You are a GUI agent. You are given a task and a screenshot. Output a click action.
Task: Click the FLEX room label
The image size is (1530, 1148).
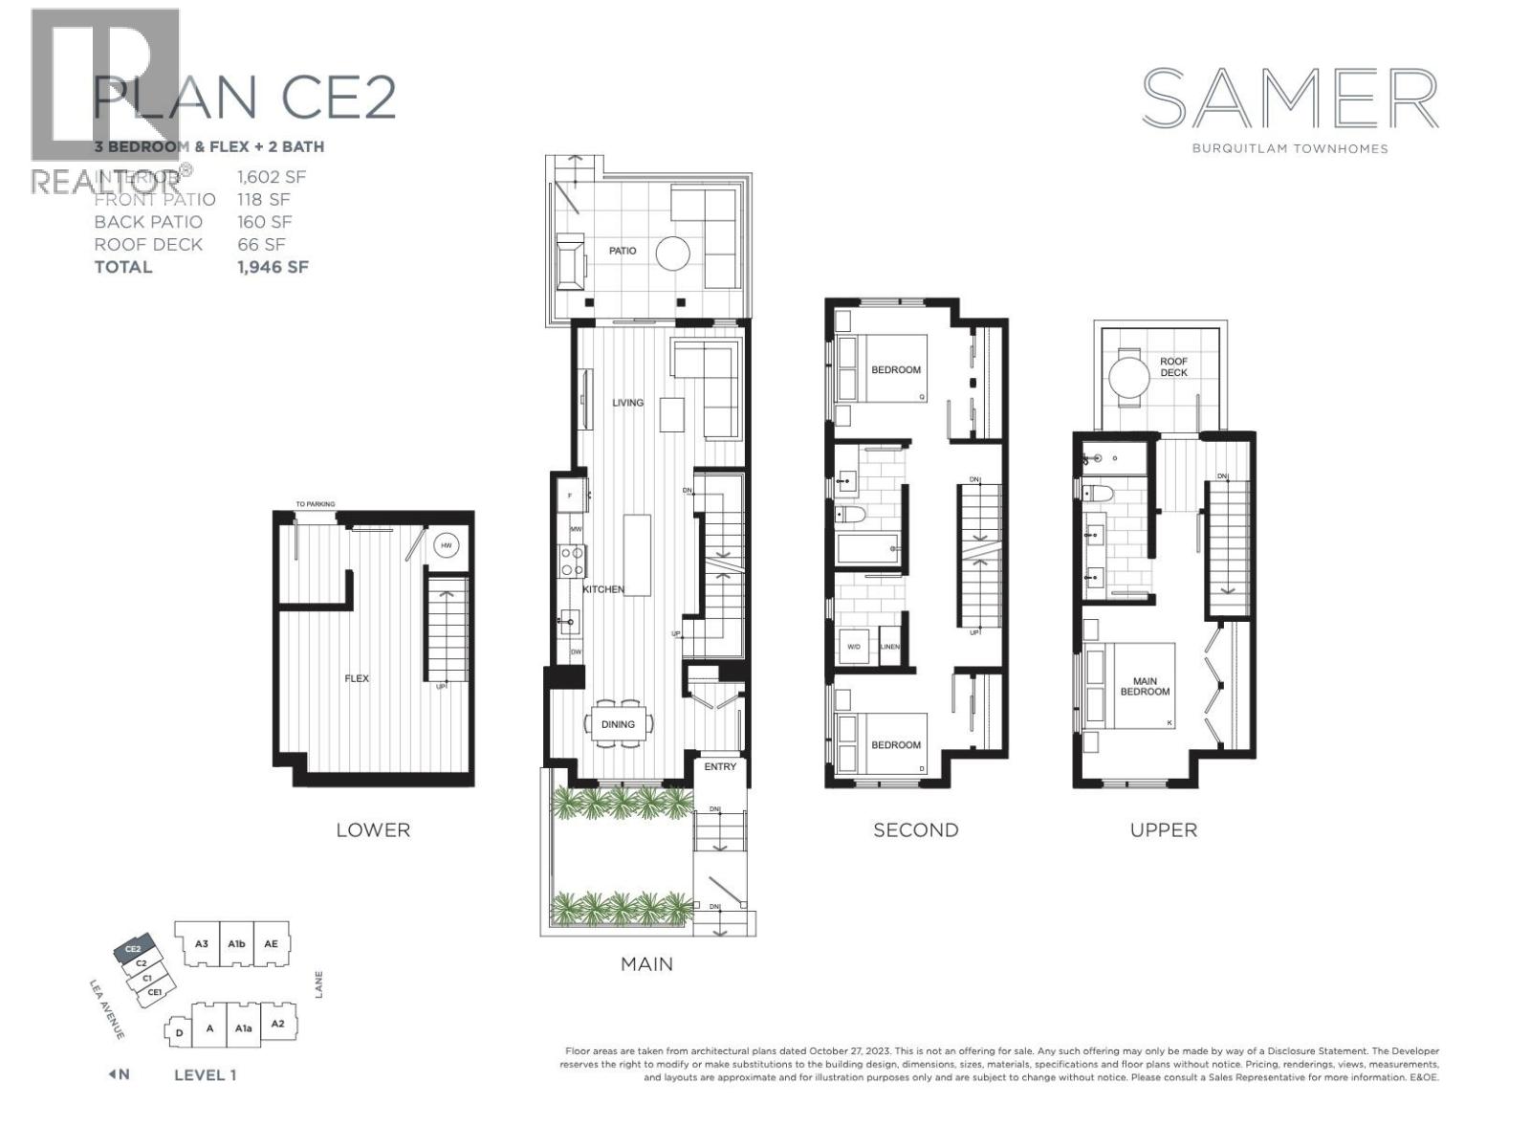click(357, 678)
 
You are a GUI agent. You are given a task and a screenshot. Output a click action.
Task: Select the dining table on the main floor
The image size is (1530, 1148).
click(618, 724)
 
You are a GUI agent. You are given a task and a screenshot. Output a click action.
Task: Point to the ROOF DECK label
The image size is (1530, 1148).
click(1173, 366)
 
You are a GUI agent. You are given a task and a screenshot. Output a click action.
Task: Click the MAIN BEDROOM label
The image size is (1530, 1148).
click(1145, 686)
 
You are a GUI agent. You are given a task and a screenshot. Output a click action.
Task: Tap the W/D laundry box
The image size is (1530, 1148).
click(854, 647)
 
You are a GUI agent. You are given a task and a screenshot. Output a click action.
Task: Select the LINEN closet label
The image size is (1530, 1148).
click(890, 647)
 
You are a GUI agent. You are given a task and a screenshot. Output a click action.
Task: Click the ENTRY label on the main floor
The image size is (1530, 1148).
click(720, 766)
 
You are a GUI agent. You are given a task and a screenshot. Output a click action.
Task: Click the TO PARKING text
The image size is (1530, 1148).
click(315, 504)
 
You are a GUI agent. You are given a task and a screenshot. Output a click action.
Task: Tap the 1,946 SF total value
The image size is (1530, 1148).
click(273, 267)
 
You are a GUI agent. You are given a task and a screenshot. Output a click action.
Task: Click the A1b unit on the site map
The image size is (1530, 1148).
click(237, 943)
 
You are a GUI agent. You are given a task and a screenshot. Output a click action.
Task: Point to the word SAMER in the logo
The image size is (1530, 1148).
click(1290, 99)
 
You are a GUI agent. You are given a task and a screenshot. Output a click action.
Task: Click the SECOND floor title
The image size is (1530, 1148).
click(915, 829)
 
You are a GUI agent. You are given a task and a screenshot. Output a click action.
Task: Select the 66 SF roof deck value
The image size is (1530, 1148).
click(261, 244)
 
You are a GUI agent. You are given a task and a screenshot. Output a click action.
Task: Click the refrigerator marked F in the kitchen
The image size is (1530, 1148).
click(571, 496)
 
